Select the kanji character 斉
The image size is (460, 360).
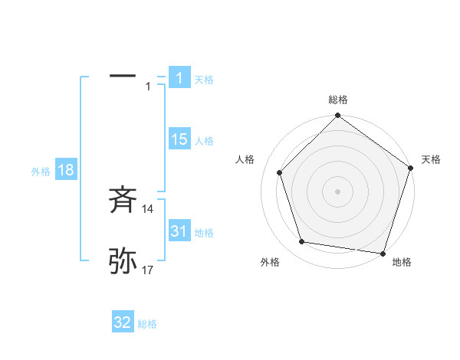click(x=123, y=200)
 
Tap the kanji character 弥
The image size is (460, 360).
click(x=123, y=262)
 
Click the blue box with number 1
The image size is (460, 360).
click(x=179, y=77)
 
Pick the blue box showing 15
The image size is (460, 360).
click(x=179, y=139)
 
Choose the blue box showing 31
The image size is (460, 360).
click(x=179, y=231)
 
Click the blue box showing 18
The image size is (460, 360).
click(x=66, y=170)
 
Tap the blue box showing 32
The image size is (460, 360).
click(x=123, y=322)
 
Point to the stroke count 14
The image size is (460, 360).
click(x=148, y=208)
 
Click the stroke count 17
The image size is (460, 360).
click(x=148, y=270)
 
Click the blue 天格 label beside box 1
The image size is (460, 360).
click(x=204, y=79)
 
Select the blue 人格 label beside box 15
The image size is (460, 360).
click(x=204, y=141)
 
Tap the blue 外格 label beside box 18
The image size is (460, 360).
click(x=41, y=172)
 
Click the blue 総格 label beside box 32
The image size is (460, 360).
click(x=147, y=324)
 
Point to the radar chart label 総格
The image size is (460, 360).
click(x=338, y=100)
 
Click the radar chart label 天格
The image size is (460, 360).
click(x=432, y=159)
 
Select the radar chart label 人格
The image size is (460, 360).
click(x=245, y=159)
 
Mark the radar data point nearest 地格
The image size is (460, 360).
click(x=383, y=253)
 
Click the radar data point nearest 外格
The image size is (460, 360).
click(x=302, y=242)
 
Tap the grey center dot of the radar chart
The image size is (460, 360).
click(x=338, y=191)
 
